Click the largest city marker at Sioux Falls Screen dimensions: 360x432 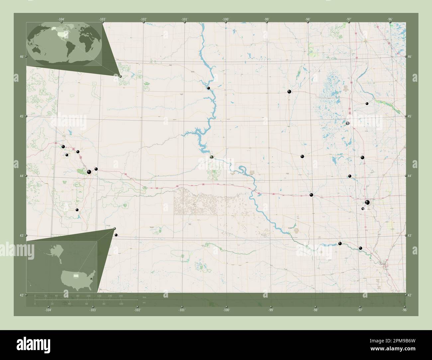pos(367,203)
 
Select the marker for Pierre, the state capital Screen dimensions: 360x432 pos(212,157)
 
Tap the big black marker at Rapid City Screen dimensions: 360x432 pos(89,172)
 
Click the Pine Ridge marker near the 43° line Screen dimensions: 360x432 pos(116,235)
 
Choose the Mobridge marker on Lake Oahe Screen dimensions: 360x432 pos(209,88)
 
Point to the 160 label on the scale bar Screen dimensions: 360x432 pos(121,296)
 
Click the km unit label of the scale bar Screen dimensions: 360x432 pos(144,297)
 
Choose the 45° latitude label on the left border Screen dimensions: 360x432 pos(21,116)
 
